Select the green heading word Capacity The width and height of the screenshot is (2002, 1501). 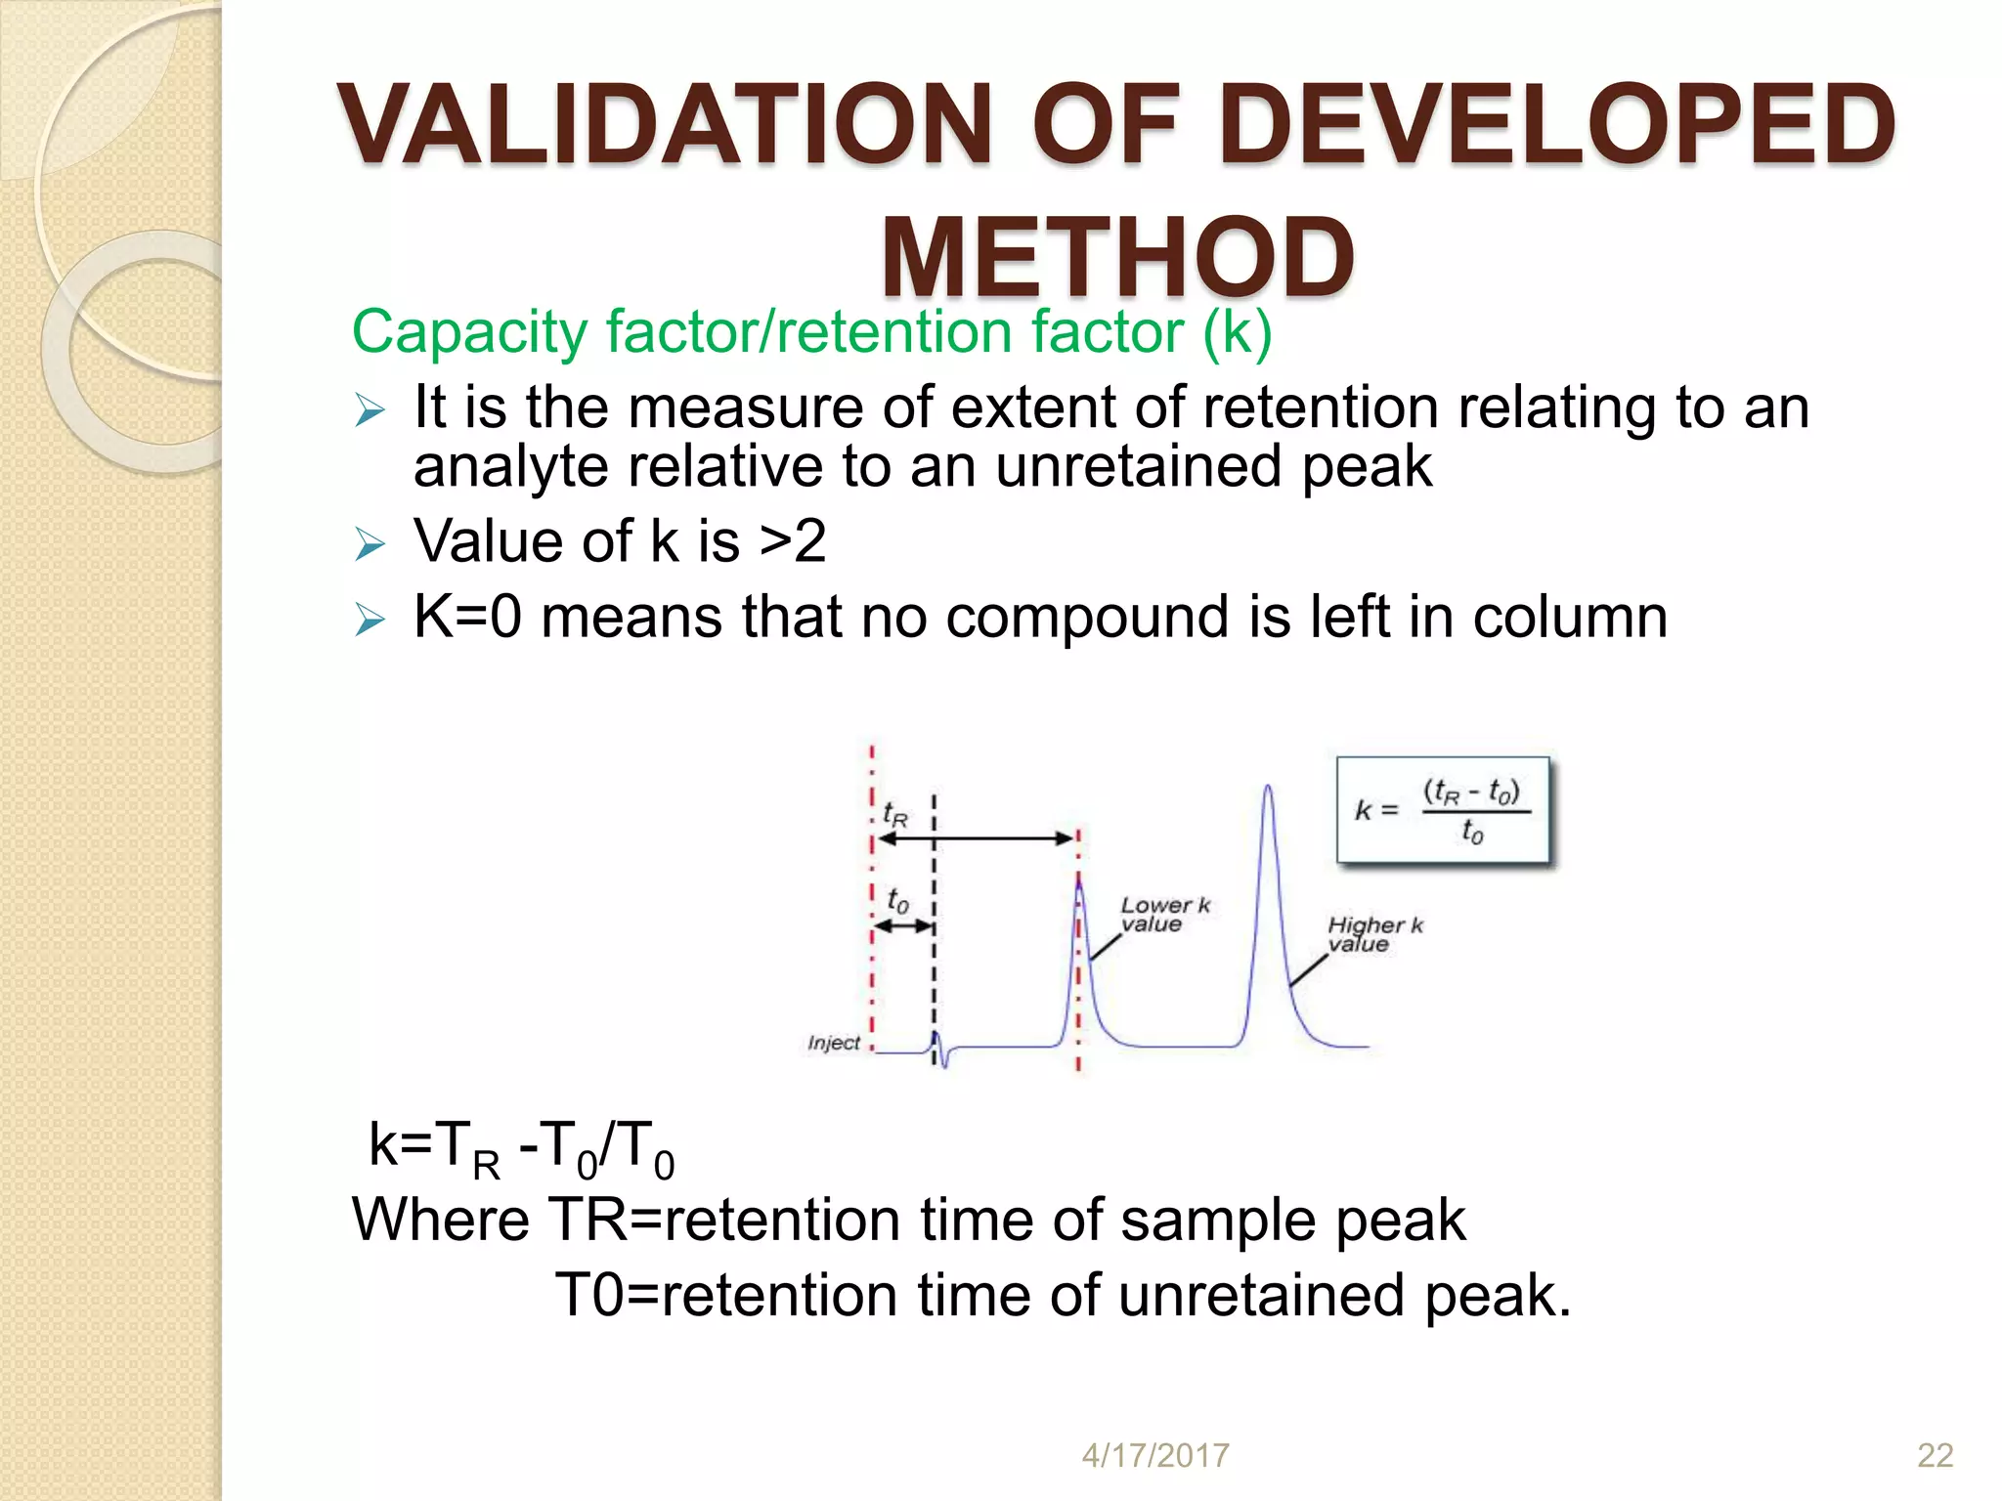click(470, 332)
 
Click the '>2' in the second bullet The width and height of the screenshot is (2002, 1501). click(793, 541)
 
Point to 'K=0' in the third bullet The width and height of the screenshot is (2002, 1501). click(467, 618)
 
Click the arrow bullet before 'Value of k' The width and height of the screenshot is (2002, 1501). click(370, 544)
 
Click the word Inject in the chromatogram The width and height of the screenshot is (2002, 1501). click(833, 1043)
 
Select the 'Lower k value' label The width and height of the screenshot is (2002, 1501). click(1163, 915)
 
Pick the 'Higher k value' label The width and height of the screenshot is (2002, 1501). click(1373, 934)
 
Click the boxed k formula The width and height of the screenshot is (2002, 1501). click(1443, 810)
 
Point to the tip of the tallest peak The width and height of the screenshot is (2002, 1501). click(1268, 787)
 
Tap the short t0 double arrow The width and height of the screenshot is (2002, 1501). click(902, 925)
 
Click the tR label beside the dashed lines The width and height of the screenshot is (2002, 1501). click(894, 814)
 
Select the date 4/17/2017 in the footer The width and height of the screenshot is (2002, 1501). click(1154, 1455)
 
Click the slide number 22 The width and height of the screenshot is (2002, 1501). click(1935, 1455)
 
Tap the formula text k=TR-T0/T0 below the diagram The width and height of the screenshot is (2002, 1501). click(521, 1147)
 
